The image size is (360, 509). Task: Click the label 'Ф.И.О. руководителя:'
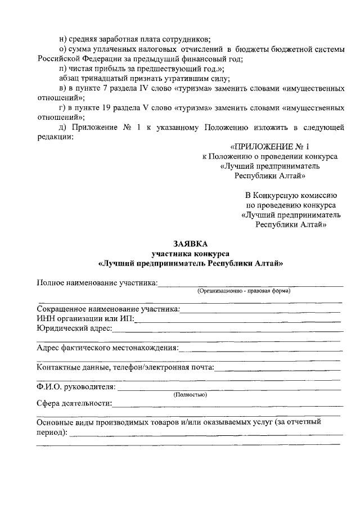click(x=76, y=387)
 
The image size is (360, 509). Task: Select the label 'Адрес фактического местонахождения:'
click(x=107, y=348)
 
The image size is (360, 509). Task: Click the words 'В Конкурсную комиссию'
click(x=290, y=195)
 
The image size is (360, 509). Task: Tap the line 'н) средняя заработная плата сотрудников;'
click(x=134, y=39)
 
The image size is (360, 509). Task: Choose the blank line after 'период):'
click(x=205, y=434)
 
